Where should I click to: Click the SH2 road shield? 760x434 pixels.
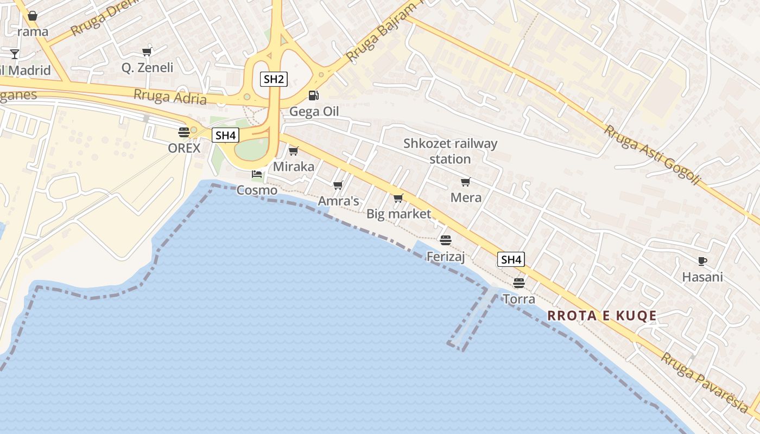pyautogui.click(x=274, y=79)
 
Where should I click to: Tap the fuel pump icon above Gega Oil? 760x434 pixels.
pyautogui.click(x=313, y=95)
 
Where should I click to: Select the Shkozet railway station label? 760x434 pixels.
pyautogui.click(x=450, y=151)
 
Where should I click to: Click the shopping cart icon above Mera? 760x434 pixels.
pyautogui.click(x=465, y=182)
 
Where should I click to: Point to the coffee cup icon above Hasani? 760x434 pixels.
pyautogui.click(x=702, y=261)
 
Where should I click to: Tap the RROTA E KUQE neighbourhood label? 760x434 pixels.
pyautogui.click(x=601, y=315)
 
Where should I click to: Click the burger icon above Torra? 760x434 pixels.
pyautogui.click(x=519, y=283)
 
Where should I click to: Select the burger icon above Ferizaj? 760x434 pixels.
pyautogui.click(x=446, y=240)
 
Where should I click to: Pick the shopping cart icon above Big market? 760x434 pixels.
pyautogui.click(x=398, y=199)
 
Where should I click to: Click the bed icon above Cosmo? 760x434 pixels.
pyautogui.click(x=257, y=174)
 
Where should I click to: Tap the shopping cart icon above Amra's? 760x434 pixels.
pyautogui.click(x=338, y=186)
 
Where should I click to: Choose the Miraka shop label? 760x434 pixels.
pyautogui.click(x=293, y=167)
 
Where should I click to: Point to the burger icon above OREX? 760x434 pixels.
pyautogui.click(x=183, y=132)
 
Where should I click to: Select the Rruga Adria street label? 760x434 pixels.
pyautogui.click(x=170, y=97)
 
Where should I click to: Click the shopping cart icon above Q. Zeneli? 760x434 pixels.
pyautogui.click(x=147, y=52)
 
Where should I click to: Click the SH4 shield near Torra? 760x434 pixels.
pyautogui.click(x=511, y=260)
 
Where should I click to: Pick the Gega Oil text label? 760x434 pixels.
pyautogui.click(x=314, y=112)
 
